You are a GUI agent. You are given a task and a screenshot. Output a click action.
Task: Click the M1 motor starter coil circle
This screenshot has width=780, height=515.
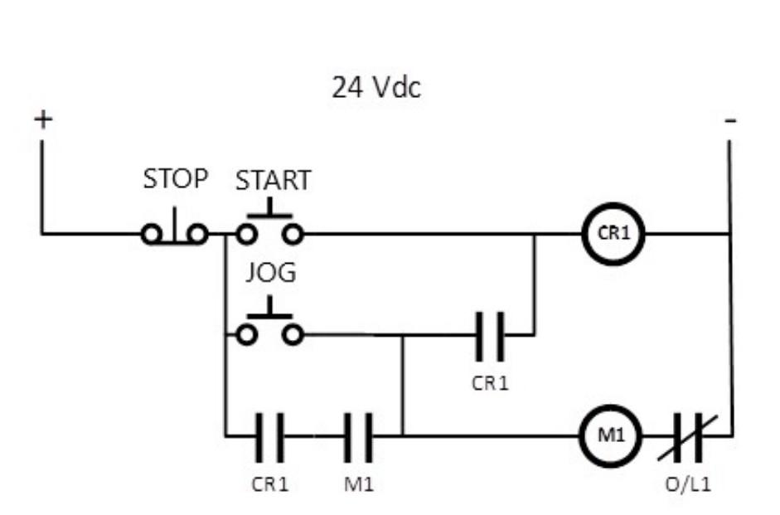pyautogui.click(x=611, y=434)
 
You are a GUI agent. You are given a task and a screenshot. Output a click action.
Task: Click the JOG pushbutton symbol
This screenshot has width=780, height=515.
pyautogui.click(x=269, y=328)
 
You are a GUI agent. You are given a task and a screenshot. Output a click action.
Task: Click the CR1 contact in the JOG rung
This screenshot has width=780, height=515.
pyautogui.click(x=489, y=336)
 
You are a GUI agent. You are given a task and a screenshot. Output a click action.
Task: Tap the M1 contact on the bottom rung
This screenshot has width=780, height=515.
pyautogui.click(x=358, y=435)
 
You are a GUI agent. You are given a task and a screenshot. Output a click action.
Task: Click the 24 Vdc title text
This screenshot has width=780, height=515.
pyautogui.click(x=376, y=86)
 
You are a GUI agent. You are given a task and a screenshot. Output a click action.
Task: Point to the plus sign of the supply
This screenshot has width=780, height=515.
pyautogui.click(x=42, y=119)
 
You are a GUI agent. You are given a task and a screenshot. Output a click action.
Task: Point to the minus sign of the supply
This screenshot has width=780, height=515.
pyautogui.click(x=729, y=121)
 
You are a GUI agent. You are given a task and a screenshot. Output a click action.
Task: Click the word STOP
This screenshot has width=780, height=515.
pyautogui.click(x=175, y=178)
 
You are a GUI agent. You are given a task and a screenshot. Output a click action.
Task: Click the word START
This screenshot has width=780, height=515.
pyautogui.click(x=273, y=180)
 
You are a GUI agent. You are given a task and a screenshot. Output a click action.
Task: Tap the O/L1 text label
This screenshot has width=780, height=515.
pyautogui.click(x=688, y=484)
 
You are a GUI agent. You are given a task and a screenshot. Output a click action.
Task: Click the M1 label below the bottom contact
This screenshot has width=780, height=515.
pyautogui.click(x=359, y=484)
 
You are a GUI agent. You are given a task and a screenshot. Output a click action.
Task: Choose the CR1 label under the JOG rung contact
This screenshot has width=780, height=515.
pyautogui.click(x=489, y=384)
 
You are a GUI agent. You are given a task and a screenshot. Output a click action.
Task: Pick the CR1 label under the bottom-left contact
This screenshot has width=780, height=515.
pyautogui.click(x=270, y=484)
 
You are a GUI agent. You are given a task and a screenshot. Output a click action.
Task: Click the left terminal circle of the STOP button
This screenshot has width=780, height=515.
pyautogui.click(x=152, y=235)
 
